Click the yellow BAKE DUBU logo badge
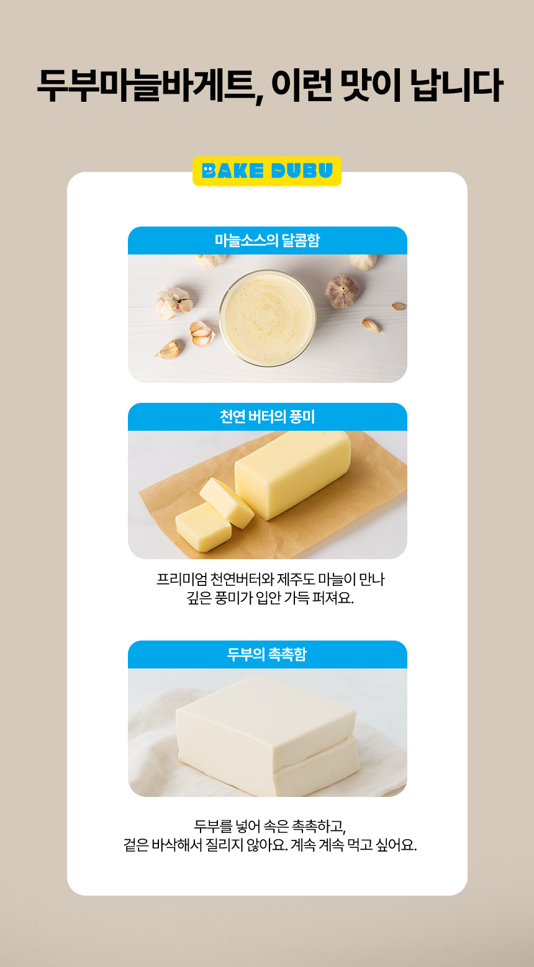click(x=267, y=171)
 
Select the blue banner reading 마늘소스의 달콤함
click(x=268, y=240)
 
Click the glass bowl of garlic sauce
click(x=268, y=318)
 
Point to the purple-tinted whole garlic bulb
click(x=342, y=291)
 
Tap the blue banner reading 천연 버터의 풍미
click(x=268, y=417)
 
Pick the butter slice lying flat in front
click(x=203, y=527)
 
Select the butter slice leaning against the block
click(x=227, y=503)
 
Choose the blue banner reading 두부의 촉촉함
click(x=268, y=654)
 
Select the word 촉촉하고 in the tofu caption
click(x=319, y=826)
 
